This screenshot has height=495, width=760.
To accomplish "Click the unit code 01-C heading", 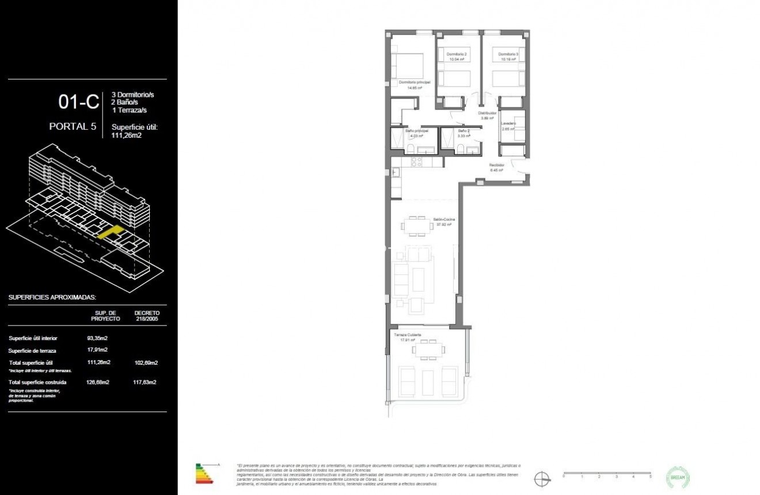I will coord(78,102).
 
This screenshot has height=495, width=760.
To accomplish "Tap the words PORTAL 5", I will coord(73,127).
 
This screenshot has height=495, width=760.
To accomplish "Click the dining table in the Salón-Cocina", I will coord(418,225).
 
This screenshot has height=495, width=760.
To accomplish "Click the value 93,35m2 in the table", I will coord(97,338).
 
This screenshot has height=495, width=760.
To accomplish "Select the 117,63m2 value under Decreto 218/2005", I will coord(145,382).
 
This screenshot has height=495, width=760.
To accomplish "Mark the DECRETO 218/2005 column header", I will coord(146,316).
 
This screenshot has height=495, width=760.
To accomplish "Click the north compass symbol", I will coord(541,478).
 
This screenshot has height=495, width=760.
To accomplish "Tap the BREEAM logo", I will coord(678,477).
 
